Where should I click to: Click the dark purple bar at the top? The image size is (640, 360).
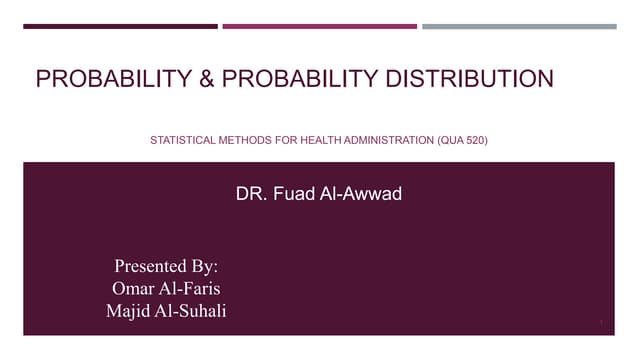pyautogui.click(x=120, y=27)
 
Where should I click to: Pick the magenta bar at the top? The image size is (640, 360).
pyautogui.click(x=319, y=27)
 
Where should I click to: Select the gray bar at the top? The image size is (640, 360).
pyautogui.click(x=519, y=27)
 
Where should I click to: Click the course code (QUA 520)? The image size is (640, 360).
pyautogui.click(x=463, y=141)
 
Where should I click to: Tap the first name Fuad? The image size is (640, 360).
pyautogui.click(x=290, y=194)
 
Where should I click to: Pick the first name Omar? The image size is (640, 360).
pyautogui.click(x=133, y=289)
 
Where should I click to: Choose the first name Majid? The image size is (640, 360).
pyautogui.click(x=130, y=311)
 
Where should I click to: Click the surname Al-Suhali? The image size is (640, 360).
pyautogui.click(x=193, y=311)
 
